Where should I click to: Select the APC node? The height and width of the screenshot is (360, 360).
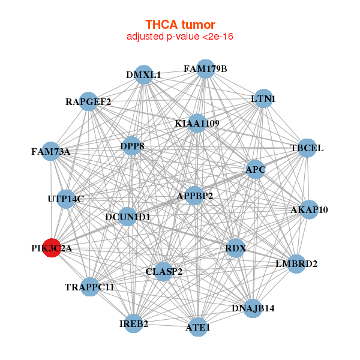256,169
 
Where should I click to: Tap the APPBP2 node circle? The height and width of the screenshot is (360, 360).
194,196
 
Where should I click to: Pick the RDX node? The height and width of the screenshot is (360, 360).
236,248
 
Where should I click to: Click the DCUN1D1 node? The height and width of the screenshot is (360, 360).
127,216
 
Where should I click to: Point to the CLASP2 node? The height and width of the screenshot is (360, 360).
164,271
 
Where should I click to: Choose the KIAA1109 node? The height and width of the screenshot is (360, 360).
197,124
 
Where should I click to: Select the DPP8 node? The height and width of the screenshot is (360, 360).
132,146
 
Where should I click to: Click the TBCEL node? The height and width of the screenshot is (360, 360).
307,148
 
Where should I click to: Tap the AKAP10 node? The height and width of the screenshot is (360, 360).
309,209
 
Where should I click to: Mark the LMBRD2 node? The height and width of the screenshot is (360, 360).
296,263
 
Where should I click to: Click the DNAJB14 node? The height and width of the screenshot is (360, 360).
253,308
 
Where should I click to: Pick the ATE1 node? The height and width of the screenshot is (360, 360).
198,328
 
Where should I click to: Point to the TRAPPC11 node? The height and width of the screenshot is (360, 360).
89,287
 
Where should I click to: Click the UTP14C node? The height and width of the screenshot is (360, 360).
66,199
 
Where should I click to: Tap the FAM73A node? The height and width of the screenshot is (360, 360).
51,151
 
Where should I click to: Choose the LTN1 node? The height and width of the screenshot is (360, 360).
263,98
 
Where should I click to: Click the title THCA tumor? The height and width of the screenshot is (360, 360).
180,25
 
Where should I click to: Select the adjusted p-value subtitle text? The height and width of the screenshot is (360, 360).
180,37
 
